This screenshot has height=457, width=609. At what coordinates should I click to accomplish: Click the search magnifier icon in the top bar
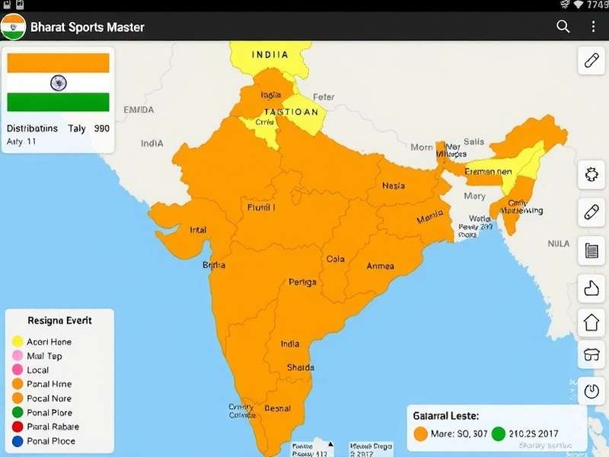[563, 27]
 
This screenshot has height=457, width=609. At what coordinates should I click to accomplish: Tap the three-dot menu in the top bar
[593, 27]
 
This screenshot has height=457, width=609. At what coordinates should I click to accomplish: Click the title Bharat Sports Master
[88, 27]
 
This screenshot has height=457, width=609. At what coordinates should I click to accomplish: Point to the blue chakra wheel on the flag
[58, 83]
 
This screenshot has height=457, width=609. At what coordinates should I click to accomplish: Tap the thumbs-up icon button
[591, 286]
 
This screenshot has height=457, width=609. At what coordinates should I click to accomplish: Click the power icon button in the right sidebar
[591, 391]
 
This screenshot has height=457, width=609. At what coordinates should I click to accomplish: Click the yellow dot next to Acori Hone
[17, 342]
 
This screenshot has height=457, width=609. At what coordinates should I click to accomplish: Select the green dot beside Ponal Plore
[17, 413]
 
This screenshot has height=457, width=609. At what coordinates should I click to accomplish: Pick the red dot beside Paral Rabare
[17, 427]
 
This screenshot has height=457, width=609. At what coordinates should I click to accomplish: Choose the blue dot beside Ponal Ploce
[17, 442]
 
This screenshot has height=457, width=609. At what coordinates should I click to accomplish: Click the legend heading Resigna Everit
[60, 321]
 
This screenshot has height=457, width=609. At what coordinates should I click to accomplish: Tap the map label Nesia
[394, 186]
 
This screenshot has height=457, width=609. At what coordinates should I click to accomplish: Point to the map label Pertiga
[302, 283]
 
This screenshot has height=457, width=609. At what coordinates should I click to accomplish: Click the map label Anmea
[381, 266]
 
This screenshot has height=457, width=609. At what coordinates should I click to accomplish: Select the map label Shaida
[300, 367]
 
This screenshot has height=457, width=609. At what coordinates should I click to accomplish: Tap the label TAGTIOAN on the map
[291, 112]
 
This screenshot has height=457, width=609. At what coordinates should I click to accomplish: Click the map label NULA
[558, 244]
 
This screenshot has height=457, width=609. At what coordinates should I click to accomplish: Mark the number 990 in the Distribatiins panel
[102, 129]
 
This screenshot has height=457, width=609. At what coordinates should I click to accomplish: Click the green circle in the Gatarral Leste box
[499, 434]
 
